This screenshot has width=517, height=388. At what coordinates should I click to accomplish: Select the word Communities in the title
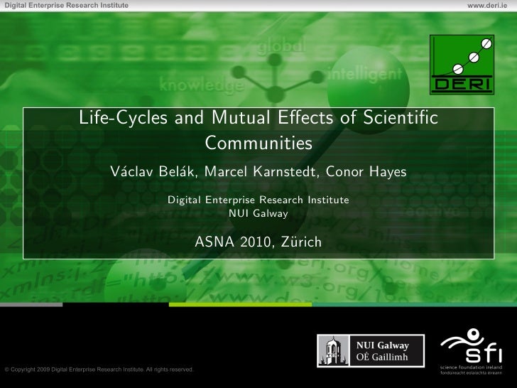click(258, 143)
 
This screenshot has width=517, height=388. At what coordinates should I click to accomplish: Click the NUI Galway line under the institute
click(258, 212)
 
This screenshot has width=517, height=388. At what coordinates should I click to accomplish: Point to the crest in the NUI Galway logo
click(330, 351)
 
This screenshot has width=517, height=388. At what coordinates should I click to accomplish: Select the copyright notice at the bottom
click(99, 370)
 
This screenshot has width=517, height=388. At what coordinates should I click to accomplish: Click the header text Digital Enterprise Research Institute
click(66, 6)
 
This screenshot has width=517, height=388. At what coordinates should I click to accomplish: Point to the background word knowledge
click(202, 85)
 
